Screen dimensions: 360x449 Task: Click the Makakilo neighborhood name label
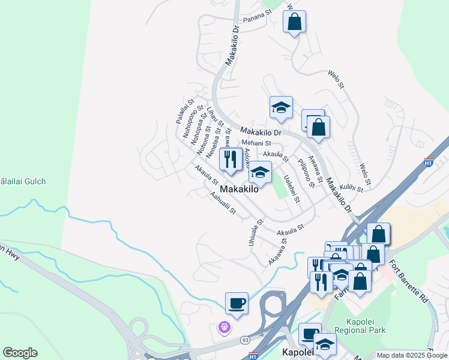click(240, 189)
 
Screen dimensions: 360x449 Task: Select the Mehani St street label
click(257, 143)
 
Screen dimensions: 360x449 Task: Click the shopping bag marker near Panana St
click(294, 22)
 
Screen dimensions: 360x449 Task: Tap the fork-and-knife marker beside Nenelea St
click(230, 160)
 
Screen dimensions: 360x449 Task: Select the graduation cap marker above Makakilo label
click(260, 173)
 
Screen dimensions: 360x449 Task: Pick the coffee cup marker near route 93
click(237, 302)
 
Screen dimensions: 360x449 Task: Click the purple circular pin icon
click(223, 328)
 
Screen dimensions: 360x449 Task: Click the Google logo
click(20, 353)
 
